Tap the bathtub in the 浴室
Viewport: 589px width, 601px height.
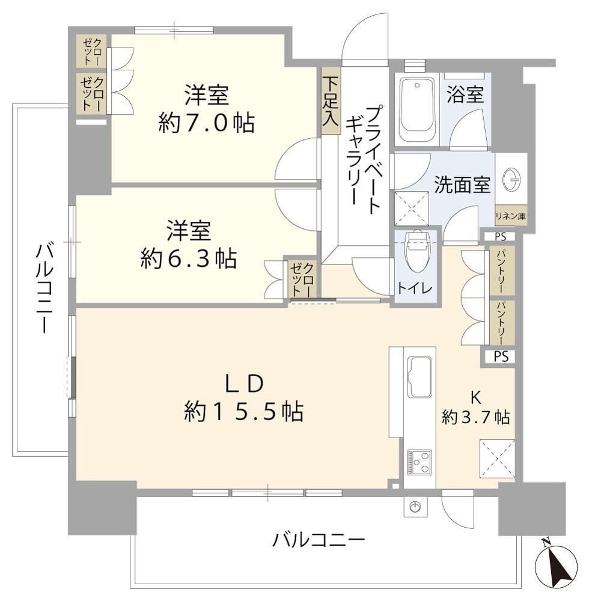417,109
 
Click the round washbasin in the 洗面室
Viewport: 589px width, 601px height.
511,179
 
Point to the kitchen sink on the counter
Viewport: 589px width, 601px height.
420,377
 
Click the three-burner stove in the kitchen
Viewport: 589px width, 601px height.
420,462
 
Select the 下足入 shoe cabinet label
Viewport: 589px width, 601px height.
331,101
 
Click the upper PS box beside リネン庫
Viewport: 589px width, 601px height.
499,236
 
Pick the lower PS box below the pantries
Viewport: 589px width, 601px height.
501,357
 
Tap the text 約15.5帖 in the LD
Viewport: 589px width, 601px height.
244,411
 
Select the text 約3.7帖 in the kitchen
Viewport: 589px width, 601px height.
476,417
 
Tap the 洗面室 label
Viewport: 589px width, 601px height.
462,185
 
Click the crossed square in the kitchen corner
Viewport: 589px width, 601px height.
497,459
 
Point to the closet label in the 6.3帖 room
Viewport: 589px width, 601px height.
303,278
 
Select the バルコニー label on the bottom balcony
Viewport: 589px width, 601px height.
319,540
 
